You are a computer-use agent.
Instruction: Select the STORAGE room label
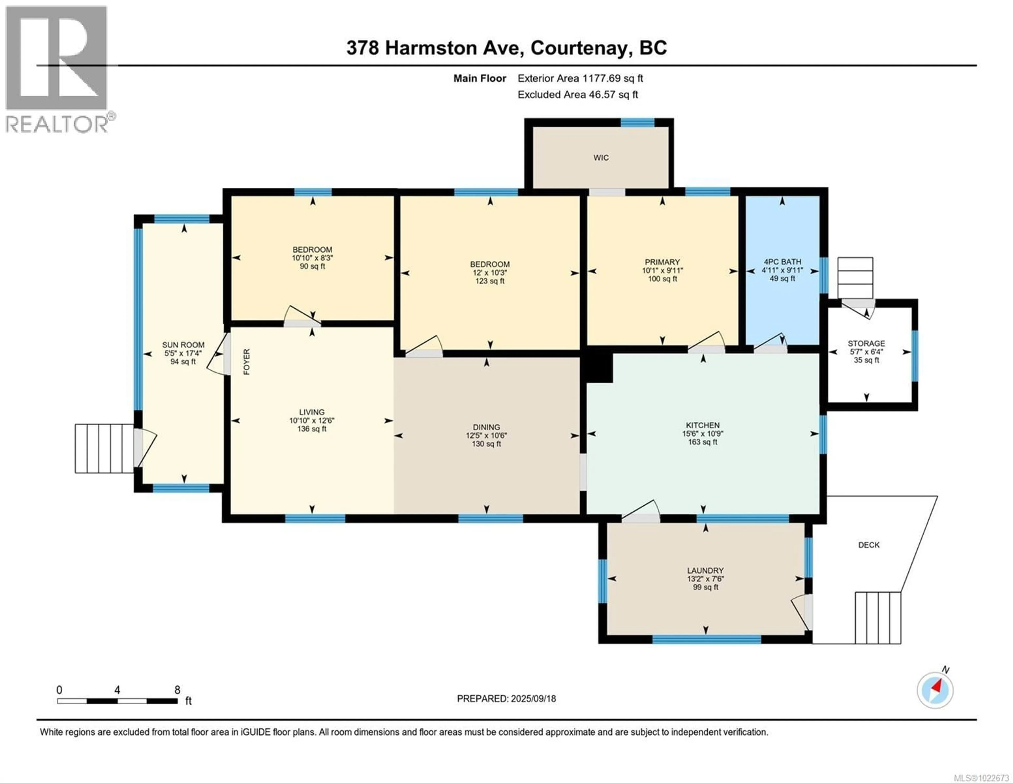[x=866, y=343]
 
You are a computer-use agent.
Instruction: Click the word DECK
[x=869, y=545]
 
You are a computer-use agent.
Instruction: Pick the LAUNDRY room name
[x=705, y=570]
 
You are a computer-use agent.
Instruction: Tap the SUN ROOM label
[x=183, y=345]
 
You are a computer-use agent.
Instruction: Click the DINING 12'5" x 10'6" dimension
[x=486, y=435]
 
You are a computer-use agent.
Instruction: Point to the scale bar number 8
[x=177, y=690]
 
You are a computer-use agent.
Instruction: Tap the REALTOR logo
[x=57, y=70]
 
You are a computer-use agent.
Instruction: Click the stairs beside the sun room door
[x=105, y=448]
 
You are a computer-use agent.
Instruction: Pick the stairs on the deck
[x=878, y=618]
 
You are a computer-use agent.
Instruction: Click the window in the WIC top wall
[x=637, y=122]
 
